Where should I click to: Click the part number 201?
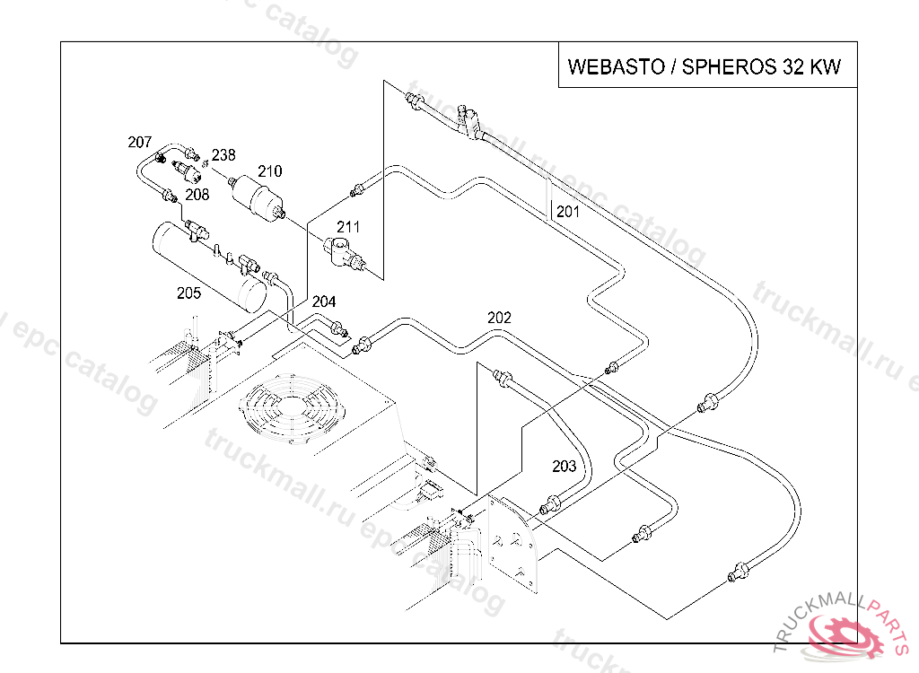(x=568, y=213)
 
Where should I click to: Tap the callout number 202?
(x=499, y=318)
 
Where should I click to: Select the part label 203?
(x=564, y=467)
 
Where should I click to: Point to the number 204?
(x=324, y=302)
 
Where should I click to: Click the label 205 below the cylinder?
(x=188, y=293)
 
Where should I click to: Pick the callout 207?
(x=140, y=142)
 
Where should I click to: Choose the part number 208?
(x=197, y=194)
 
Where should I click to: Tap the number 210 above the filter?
(x=270, y=171)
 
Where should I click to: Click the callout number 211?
(x=348, y=228)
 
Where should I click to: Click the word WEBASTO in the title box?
(x=616, y=67)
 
